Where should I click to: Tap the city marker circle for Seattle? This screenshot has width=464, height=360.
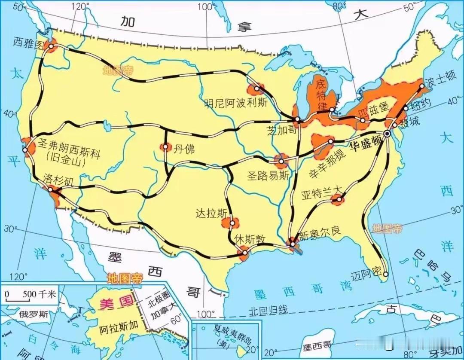tap(51, 46)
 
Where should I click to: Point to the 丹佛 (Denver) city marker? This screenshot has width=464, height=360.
tap(165, 147)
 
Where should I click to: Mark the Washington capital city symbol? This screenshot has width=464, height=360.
tap(388, 134)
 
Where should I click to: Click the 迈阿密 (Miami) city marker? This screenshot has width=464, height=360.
tap(385, 274)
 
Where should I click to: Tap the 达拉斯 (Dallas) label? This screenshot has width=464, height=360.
tap(209, 213)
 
